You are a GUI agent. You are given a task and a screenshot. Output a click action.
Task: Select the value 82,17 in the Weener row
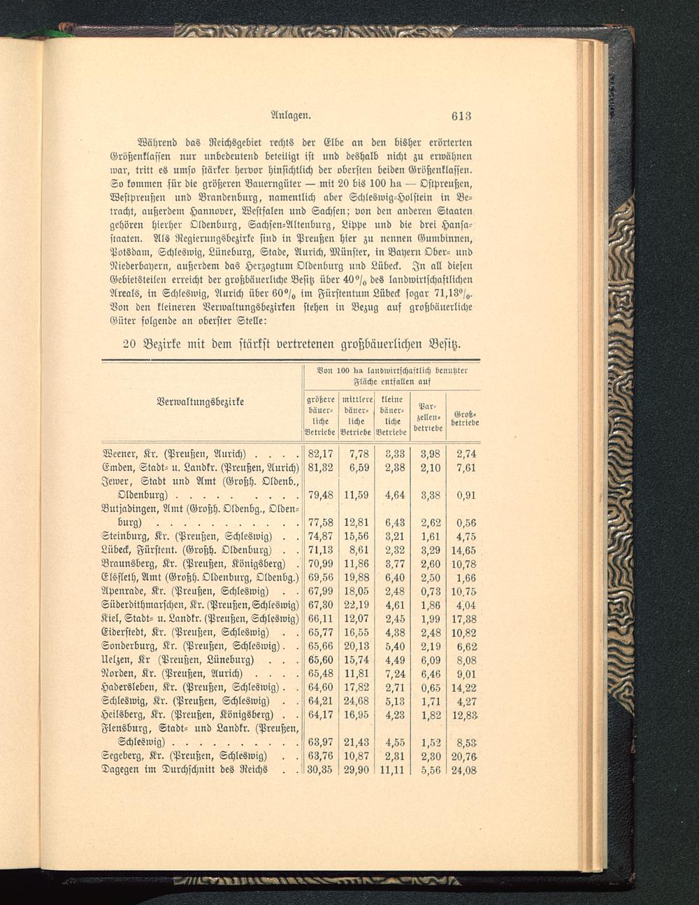pos(319,455)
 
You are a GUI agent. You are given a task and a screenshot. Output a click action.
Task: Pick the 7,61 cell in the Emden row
pos(466,468)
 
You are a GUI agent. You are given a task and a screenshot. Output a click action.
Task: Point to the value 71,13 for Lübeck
pos(319,550)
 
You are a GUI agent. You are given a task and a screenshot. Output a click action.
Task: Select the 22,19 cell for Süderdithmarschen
pos(356,605)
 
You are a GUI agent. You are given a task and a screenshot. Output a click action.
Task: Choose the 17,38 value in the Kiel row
pos(464,619)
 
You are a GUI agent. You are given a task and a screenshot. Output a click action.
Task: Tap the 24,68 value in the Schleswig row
pos(356,701)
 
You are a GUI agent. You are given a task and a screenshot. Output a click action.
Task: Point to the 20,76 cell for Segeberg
pos(464,757)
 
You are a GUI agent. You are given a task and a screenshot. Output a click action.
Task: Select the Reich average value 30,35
pos(319,770)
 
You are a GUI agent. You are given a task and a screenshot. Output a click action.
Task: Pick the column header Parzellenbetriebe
pos(428,417)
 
